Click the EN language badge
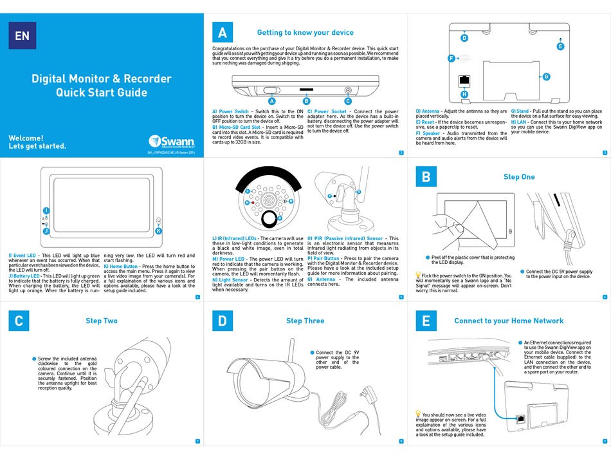tap(22, 35)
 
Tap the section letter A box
tap(223, 33)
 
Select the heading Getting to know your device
tap(305, 33)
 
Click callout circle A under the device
tap(271, 101)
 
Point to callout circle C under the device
tap(348, 101)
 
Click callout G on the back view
tap(546, 77)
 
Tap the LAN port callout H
tap(464, 95)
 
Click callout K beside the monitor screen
tap(159, 230)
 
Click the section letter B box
tap(426, 176)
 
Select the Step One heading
tap(518, 176)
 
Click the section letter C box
tap(19, 321)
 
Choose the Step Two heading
tap(102, 321)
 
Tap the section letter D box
tap(223, 321)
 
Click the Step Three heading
tap(305, 321)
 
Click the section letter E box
tap(426, 321)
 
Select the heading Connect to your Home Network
tap(508, 321)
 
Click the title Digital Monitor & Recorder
tap(102, 79)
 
